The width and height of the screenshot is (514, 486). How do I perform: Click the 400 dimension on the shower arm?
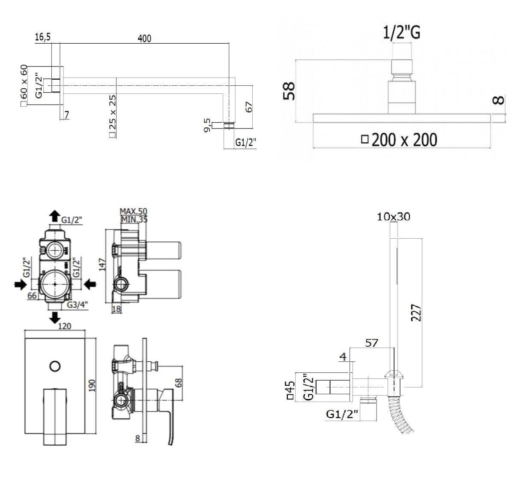[144, 39]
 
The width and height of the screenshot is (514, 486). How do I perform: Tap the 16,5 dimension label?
[43, 37]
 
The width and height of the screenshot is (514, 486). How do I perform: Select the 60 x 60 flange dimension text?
[24, 82]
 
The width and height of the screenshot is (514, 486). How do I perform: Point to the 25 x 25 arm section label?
[112, 112]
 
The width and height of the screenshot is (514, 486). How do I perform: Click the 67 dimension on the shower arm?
[248, 107]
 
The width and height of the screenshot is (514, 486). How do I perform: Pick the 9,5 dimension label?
[207, 126]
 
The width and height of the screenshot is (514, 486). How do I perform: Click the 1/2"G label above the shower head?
[401, 33]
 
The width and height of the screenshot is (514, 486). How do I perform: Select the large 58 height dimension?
[289, 91]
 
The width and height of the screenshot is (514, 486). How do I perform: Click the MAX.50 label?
[133, 211]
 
